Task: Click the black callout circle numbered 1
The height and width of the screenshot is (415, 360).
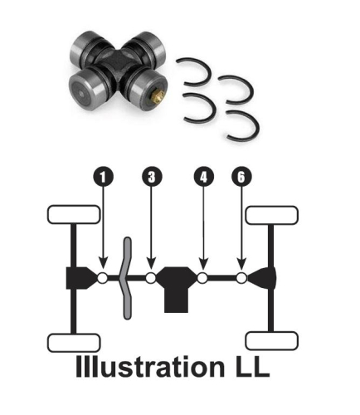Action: coord(102,177)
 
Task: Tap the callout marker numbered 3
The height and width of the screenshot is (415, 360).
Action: coord(151,177)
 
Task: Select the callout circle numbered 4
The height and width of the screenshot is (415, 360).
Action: coord(203,177)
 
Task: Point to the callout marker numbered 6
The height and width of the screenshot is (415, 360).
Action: coord(241,177)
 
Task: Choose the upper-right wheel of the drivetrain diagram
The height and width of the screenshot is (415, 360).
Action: coord(273,214)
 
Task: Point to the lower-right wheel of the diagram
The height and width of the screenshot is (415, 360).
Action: coord(273,341)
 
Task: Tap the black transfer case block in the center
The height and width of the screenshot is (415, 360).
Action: coord(177,286)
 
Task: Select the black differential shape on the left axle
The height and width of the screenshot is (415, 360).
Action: coord(80,278)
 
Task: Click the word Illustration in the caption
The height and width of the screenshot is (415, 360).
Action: coord(144,368)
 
